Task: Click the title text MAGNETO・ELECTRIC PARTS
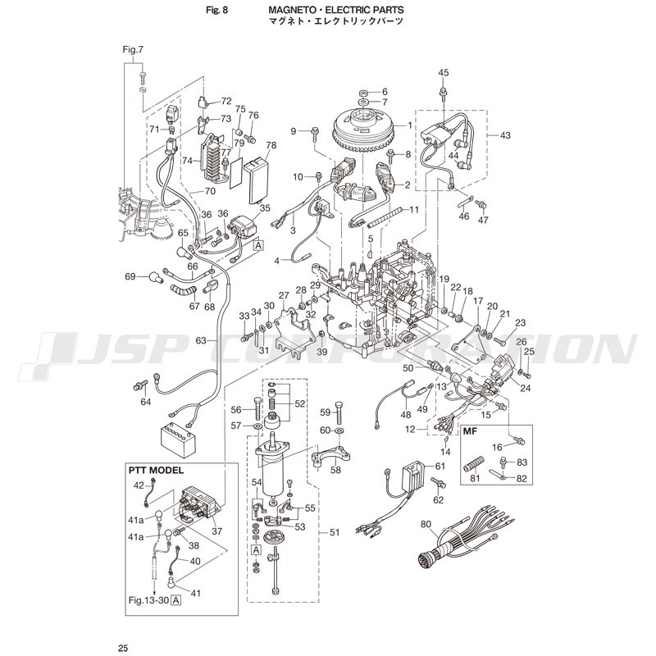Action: point(335,11)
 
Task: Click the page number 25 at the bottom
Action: point(123,649)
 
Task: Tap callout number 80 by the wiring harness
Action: point(426,525)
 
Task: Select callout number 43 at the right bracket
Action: point(504,134)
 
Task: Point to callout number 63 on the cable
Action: point(200,339)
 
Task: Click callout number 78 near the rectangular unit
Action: point(271,145)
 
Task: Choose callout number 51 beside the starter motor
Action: point(335,532)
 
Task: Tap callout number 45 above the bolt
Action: point(444,73)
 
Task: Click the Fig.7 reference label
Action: point(133,50)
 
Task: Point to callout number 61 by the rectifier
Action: point(440,466)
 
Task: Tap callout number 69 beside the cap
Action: point(130,276)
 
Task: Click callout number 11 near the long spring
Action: point(414,210)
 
